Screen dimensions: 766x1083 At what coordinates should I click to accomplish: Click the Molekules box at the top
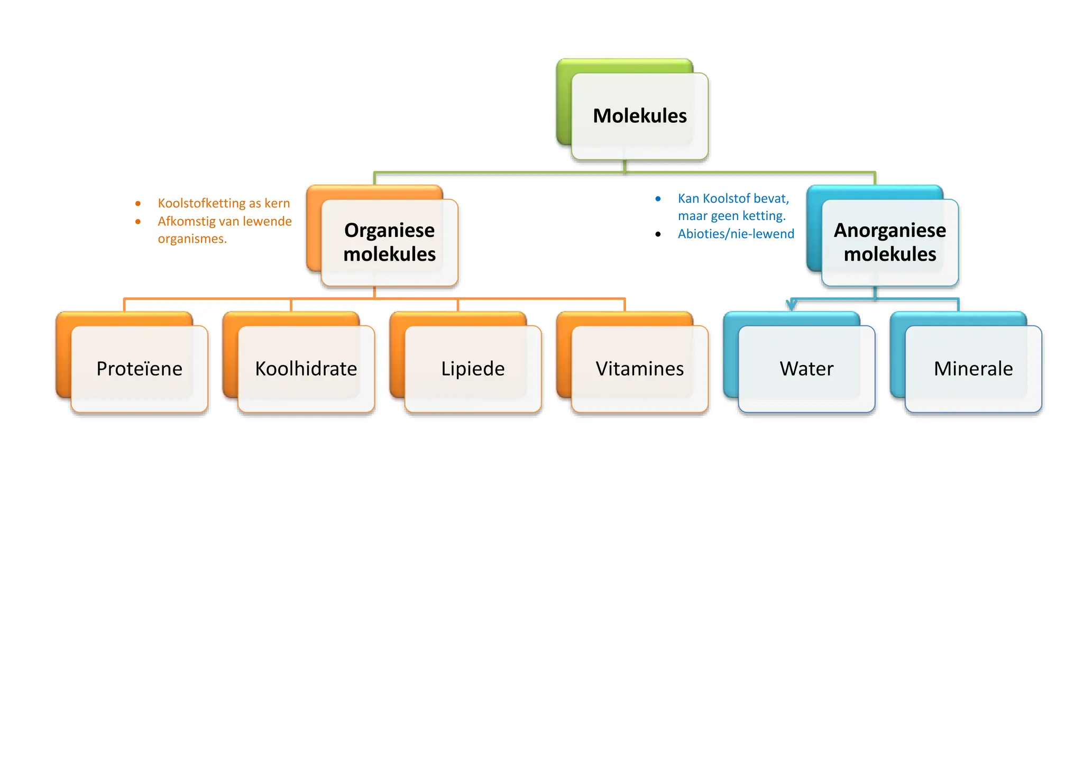pos(639,116)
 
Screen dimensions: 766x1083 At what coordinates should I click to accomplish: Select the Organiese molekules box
pos(389,242)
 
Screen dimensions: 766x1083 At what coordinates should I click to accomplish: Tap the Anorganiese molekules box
pos(889,242)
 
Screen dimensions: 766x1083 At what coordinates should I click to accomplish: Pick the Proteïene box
pos(139,369)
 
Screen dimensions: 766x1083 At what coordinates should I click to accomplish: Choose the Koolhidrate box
pos(306,369)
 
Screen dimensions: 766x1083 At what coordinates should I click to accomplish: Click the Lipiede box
pos(473,369)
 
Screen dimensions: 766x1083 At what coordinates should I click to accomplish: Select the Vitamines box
pos(639,369)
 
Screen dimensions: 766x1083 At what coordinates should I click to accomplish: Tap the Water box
pos(806,369)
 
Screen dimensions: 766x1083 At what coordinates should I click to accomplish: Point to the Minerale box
pos(973,369)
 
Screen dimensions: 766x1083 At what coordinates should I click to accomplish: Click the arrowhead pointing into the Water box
pos(791,305)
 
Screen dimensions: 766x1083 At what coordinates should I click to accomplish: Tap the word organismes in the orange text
pos(192,239)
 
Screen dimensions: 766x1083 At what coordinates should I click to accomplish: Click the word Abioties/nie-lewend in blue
pos(736,234)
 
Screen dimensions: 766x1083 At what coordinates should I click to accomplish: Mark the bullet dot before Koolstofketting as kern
pos(138,203)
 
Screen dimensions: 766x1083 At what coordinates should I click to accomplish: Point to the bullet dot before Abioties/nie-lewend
pos(658,234)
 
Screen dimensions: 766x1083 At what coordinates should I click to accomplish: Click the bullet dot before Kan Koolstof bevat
pos(658,199)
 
